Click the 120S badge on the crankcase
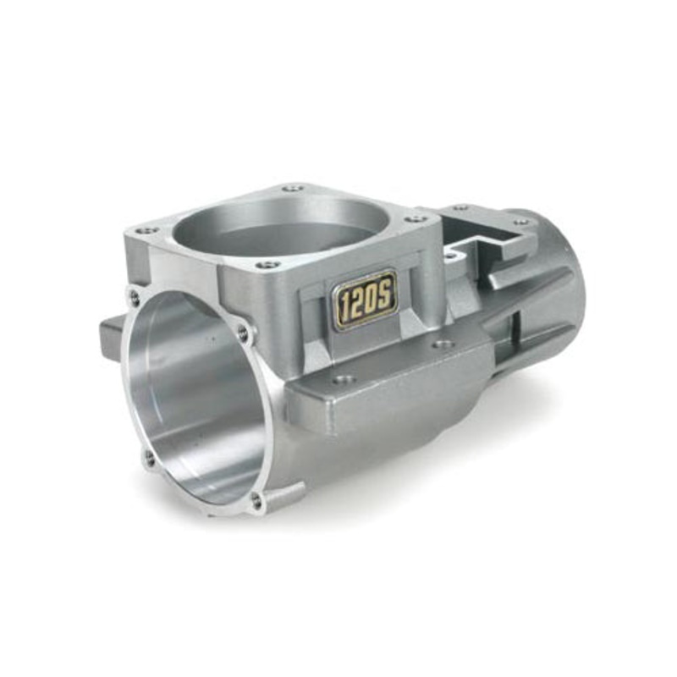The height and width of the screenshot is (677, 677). tap(365, 298)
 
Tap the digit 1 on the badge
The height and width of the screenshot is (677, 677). tap(343, 303)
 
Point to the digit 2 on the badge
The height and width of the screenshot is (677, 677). tap(356, 300)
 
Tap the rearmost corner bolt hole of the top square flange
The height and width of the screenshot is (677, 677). tap(292, 188)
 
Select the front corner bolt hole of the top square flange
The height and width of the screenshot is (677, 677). tap(268, 265)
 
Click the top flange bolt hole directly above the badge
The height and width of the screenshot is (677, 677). tap(416, 218)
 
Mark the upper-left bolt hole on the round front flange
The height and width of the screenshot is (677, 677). tap(135, 297)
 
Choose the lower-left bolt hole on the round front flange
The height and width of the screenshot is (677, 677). tap(150, 460)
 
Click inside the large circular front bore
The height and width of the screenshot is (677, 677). tap(199, 398)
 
